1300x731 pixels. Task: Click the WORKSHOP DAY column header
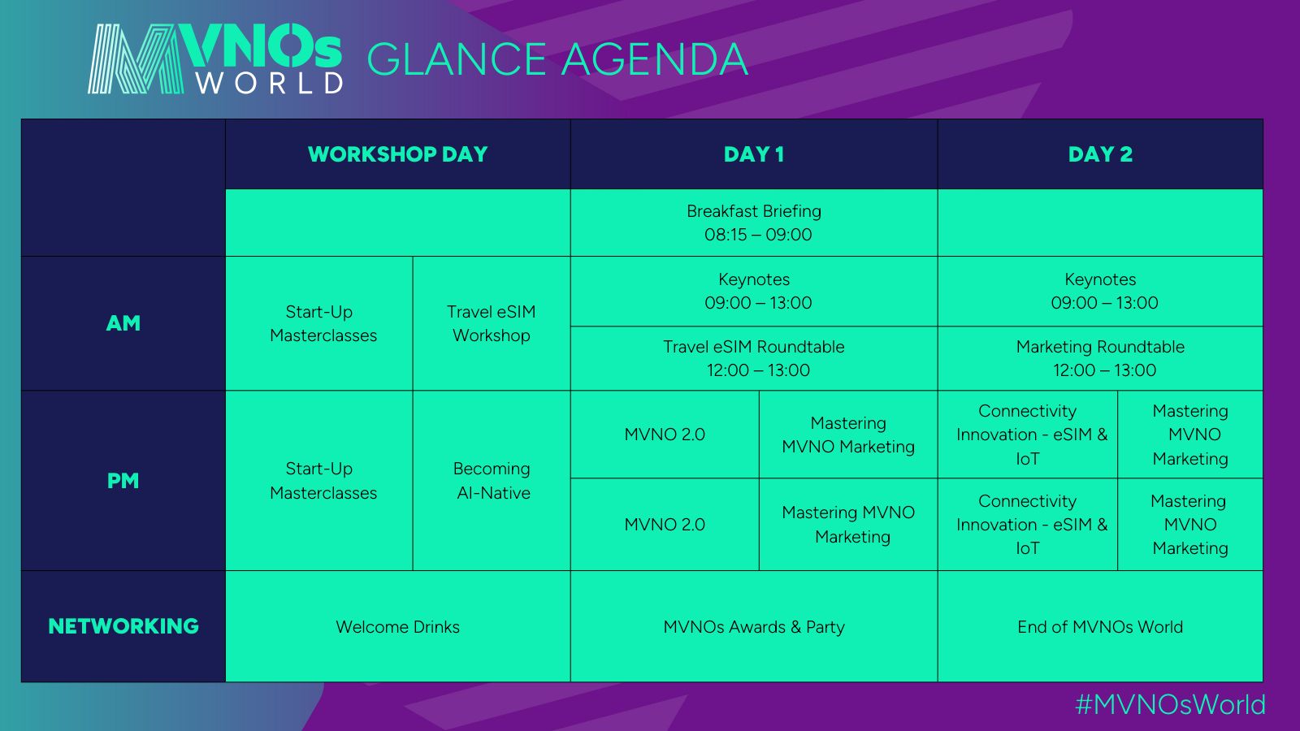[x=397, y=154]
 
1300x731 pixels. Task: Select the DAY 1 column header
[x=754, y=154]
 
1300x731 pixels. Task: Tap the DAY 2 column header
[x=1100, y=154]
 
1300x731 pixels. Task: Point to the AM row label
[x=123, y=323]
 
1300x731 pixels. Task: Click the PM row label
[x=123, y=481]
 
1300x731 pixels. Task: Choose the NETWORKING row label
[x=123, y=626]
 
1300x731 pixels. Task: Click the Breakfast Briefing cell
[x=754, y=223]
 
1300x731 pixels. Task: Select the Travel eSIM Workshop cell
[x=492, y=324]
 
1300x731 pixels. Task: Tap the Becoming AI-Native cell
[x=492, y=481]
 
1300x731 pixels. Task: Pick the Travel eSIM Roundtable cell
[x=754, y=358]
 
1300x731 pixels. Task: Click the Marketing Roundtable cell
[x=1100, y=358]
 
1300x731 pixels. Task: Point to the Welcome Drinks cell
[x=397, y=626]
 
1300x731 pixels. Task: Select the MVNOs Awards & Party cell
[x=754, y=626]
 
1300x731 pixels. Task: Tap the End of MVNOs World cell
[x=1100, y=626]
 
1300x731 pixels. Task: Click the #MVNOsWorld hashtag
[x=1170, y=705]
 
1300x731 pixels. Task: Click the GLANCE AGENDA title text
[x=557, y=59]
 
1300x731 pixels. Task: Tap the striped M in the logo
[x=136, y=58]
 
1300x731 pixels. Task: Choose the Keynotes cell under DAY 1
[x=754, y=292]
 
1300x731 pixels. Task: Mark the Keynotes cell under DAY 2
[x=1100, y=292]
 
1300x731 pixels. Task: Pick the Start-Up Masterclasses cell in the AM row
[x=319, y=324]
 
